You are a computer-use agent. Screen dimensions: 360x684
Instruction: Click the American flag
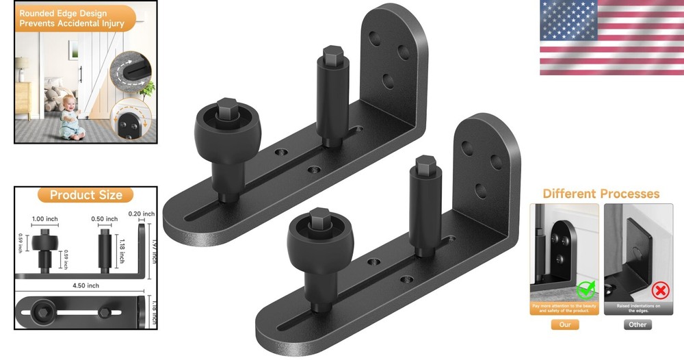(x=611, y=37)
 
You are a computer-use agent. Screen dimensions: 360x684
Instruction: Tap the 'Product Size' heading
(x=86, y=195)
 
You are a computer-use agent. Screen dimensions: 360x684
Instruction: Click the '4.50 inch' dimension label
(x=83, y=285)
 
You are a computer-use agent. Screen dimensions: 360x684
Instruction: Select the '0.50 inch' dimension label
(x=105, y=220)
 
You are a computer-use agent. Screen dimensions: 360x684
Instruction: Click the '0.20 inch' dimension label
(x=142, y=213)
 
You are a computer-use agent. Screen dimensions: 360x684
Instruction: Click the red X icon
(x=661, y=290)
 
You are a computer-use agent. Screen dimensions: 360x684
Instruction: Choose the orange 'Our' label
(x=565, y=324)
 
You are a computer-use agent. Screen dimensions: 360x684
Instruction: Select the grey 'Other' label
(x=637, y=324)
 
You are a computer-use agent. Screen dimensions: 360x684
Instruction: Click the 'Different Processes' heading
(x=601, y=194)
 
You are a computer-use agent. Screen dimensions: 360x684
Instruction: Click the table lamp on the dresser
(x=23, y=66)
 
